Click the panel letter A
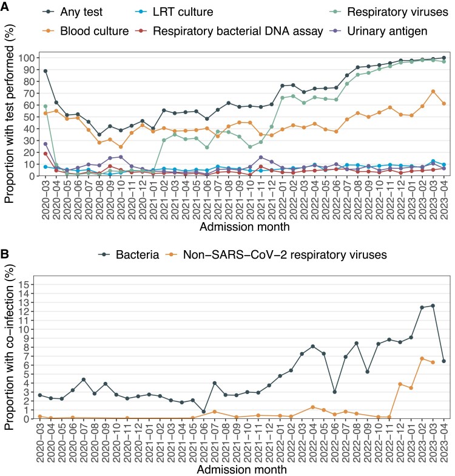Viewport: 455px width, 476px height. coord(6,6)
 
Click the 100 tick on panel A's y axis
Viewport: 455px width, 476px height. coord(27,57)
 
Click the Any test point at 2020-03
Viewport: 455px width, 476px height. coord(46,71)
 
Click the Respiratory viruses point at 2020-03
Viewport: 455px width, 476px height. coord(46,106)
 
